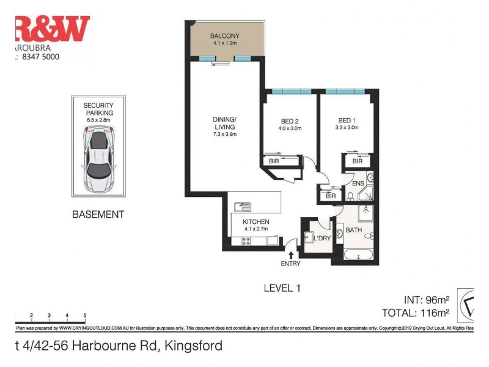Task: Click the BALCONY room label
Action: [x=223, y=35]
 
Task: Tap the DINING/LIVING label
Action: [x=224, y=122]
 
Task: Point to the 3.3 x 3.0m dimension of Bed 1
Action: [x=347, y=128]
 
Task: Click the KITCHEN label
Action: [x=256, y=222]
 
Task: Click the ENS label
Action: [x=359, y=183]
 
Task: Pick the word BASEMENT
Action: [x=98, y=215]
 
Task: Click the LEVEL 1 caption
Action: [x=282, y=287]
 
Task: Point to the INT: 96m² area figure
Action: [x=427, y=300]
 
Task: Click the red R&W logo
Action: [x=52, y=28]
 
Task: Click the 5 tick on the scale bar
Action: [x=84, y=315]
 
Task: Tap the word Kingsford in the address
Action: [x=193, y=346]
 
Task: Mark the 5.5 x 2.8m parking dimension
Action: [x=98, y=120]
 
